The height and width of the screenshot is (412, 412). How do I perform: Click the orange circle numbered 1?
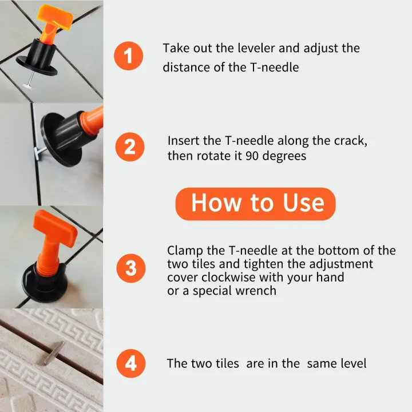point(128,56)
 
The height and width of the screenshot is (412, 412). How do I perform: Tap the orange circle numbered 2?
point(130,148)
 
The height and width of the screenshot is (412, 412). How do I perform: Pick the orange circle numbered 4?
point(130,364)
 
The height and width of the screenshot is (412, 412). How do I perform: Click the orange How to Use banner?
point(255,204)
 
